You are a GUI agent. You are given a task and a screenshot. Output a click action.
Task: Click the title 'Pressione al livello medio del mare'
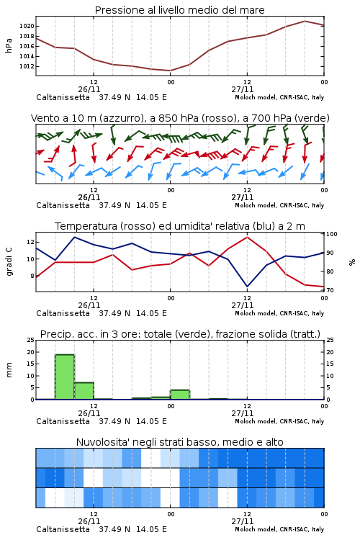180,10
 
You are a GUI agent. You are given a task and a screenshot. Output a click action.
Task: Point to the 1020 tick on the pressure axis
27,26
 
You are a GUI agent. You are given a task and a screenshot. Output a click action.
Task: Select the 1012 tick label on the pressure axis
27,66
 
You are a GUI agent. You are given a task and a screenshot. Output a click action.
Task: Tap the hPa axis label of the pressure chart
9,45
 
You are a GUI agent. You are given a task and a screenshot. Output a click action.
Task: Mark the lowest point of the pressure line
170,71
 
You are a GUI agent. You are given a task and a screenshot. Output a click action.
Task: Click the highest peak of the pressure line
305,21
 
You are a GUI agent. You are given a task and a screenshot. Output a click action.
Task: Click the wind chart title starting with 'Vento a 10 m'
180,118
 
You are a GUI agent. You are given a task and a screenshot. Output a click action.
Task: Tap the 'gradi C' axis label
9,262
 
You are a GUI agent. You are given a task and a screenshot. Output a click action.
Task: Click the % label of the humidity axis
352,262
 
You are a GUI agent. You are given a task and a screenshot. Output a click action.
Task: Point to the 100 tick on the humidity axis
332,234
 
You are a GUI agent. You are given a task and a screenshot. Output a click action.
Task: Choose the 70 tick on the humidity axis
330,290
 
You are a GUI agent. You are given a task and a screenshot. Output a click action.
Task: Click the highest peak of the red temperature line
248,237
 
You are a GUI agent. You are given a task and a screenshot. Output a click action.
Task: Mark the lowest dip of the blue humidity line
248,286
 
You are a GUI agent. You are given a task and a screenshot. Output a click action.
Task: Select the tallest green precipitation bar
65,377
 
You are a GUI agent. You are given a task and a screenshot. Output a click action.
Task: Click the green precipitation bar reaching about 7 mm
84,391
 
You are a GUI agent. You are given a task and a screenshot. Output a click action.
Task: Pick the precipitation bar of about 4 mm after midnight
180,395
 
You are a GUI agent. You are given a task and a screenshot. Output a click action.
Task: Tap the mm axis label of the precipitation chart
9,370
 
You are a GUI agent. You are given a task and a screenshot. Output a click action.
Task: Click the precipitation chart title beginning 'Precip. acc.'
180,334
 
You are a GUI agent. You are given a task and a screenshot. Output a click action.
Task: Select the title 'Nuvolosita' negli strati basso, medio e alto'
180,442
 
